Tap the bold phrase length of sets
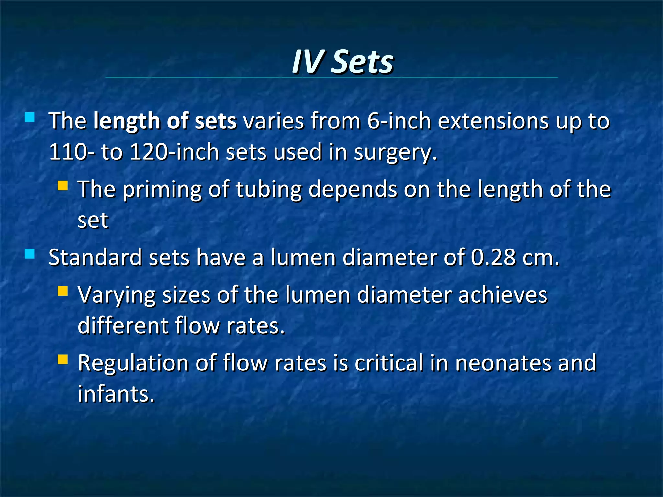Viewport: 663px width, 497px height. click(165, 121)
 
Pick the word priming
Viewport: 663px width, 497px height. click(162, 190)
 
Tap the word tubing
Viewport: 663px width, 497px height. click(269, 190)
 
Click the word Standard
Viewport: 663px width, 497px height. click(95, 258)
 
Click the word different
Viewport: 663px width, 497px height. click(123, 326)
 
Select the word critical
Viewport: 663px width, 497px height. click(389, 363)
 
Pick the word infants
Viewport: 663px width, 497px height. click(116, 394)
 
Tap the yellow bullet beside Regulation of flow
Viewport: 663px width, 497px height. click(62, 359)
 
